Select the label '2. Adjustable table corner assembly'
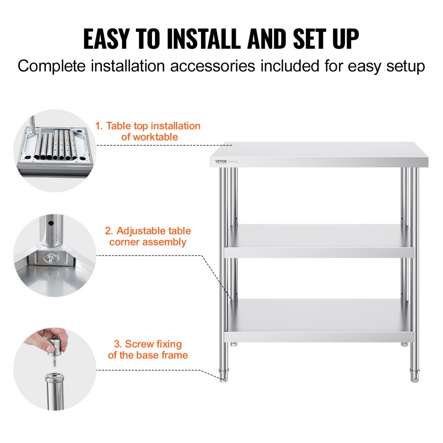(148, 236)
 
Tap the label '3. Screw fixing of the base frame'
(148, 349)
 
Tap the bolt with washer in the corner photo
(48, 256)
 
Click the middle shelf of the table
(319, 241)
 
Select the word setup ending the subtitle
(405, 66)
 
